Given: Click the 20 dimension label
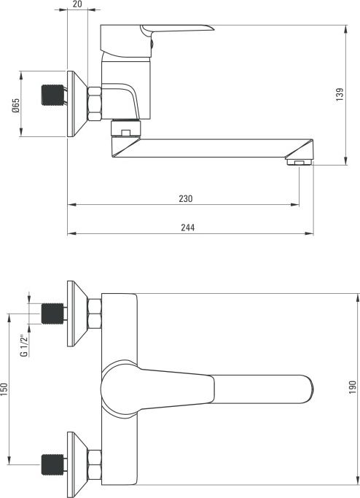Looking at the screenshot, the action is pos(77,4).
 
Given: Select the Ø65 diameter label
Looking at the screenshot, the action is pos(15,106).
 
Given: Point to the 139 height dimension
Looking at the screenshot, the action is pos(340,95).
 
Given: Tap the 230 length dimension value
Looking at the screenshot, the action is pos(185,199).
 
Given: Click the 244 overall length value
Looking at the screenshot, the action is pos(187,227).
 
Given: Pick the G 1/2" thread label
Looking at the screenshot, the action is pos(24,346).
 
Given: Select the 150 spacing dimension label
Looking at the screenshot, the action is pos(4,389).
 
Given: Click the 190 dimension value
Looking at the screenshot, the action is pos(353,387).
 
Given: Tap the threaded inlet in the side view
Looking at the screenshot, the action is pos(52,95).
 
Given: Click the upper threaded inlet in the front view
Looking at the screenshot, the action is pos(52,314).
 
